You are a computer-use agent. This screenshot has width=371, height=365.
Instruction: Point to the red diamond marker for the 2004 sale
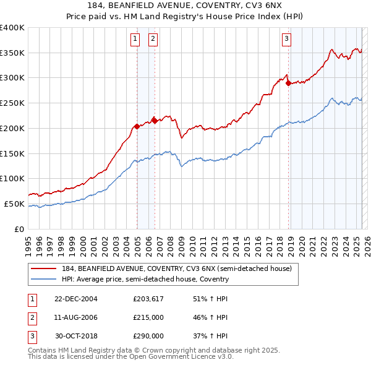(x=137, y=126)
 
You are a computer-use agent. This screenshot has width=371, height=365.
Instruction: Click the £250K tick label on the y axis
(x=12, y=103)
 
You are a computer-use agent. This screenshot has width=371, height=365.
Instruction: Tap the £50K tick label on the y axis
(x=14, y=204)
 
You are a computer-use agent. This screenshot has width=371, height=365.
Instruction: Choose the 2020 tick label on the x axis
(x=302, y=244)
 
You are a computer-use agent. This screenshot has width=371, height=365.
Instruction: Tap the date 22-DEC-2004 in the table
(x=76, y=299)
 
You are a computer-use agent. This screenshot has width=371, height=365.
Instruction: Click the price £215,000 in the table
(x=148, y=317)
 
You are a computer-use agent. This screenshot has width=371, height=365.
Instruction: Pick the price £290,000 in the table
(x=148, y=336)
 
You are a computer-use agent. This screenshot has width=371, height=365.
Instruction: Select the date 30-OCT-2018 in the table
(x=76, y=336)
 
